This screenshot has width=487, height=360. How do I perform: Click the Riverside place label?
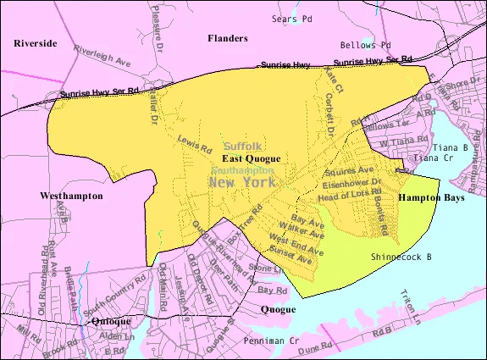coord(36,42)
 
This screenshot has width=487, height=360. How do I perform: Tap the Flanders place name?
coord(228,38)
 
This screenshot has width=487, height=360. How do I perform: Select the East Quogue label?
coord(251,158)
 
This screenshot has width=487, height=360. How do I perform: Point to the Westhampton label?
coord(71,196)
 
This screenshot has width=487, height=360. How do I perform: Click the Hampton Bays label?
coord(426,196)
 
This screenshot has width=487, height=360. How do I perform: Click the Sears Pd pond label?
coord(292,18)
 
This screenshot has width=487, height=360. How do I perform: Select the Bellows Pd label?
coord(365,44)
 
